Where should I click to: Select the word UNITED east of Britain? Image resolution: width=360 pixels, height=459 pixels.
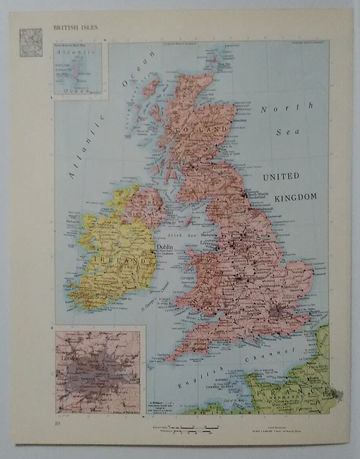tap(281, 176)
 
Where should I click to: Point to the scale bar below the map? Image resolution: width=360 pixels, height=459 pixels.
tap(194, 429)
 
